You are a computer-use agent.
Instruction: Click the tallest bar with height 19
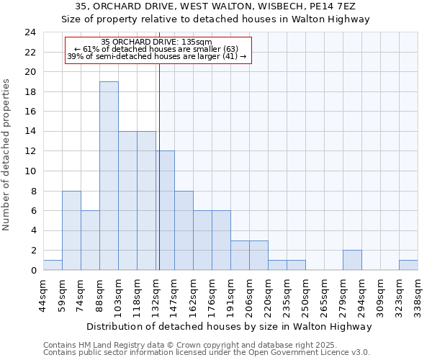pyautogui.click(x=109, y=176)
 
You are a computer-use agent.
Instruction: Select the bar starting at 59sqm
pyautogui.click(x=71, y=230)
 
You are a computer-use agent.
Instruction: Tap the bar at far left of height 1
pyautogui.click(x=53, y=265)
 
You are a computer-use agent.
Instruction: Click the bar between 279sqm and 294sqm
pyautogui.click(x=352, y=260)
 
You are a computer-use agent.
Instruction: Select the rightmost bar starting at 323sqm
pyautogui.click(x=408, y=265)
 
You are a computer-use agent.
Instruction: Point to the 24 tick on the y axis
pyautogui.click(x=30, y=32)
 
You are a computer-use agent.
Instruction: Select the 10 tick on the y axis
pyautogui.click(x=30, y=171)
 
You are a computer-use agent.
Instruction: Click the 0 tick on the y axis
pyautogui.click(x=32, y=271)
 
